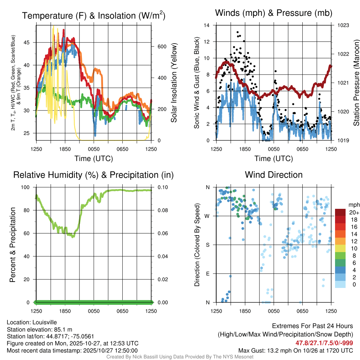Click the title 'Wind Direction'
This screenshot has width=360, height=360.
[274, 175]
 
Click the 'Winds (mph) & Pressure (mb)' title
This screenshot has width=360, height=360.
[274, 13]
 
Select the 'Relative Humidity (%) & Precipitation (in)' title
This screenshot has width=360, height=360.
[93, 175]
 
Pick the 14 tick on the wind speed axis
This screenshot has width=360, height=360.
[207, 25]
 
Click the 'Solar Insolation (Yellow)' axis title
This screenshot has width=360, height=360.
[174, 83]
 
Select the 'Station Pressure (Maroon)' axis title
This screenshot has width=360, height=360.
[356, 83]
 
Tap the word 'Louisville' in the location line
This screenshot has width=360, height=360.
[44, 322]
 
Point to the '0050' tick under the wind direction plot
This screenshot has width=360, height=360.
[274, 311]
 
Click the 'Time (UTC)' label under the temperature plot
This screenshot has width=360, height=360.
[94, 159]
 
